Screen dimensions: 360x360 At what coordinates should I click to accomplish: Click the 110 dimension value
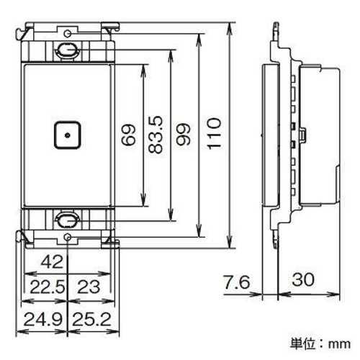pos(215,133)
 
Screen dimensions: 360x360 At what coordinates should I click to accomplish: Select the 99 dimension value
pos(184,134)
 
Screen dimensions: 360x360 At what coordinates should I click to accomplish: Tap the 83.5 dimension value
pos(156,135)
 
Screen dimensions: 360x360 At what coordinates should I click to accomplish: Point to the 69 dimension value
pos(128,135)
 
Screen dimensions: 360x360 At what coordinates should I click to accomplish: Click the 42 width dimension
pos(53,261)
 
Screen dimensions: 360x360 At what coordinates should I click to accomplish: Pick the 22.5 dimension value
pos(48,287)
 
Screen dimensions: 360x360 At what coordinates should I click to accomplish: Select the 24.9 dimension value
pos(43,320)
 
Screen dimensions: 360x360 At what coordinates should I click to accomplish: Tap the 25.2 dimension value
pos(92,320)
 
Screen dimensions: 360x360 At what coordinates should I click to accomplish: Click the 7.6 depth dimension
pos(237,282)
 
